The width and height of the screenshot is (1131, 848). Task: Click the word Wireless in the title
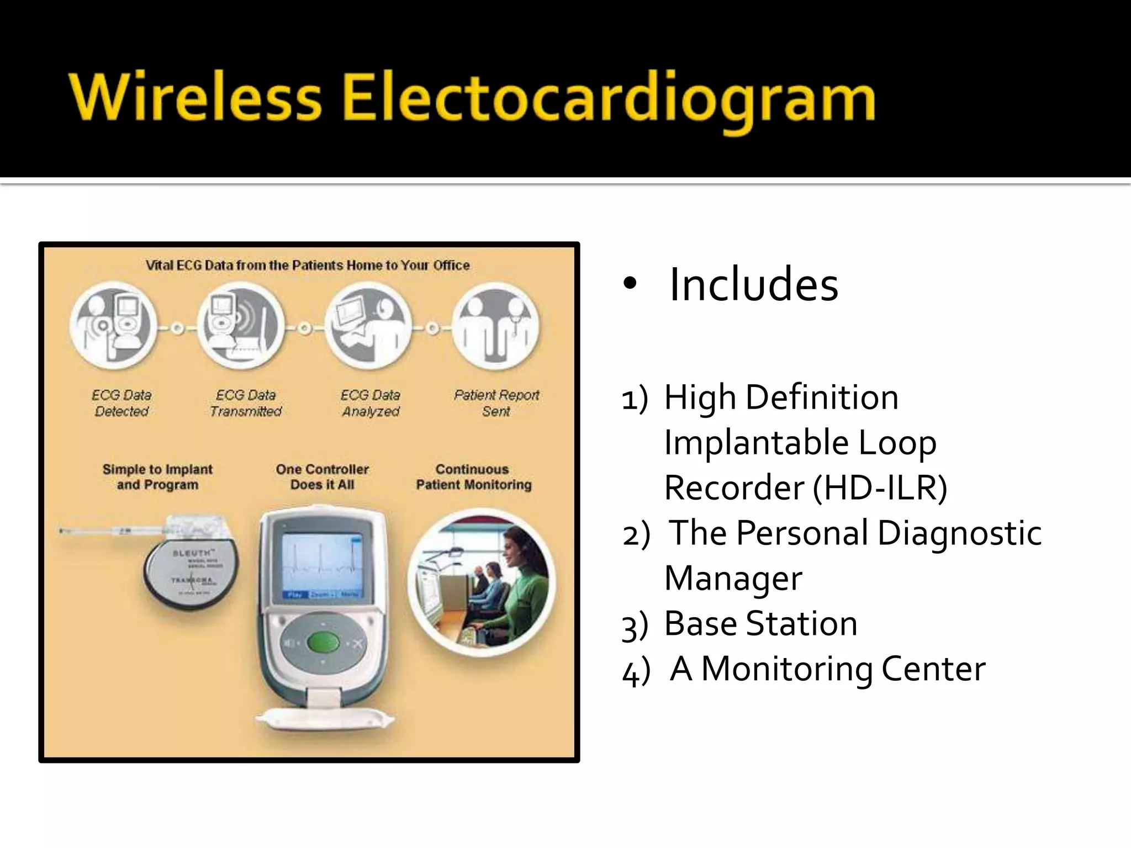click(195, 98)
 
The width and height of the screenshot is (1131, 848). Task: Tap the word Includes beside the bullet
click(753, 285)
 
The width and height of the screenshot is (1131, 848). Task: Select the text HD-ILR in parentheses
click(880, 488)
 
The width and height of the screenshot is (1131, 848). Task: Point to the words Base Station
click(760, 624)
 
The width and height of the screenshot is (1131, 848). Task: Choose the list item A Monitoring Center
click(827, 669)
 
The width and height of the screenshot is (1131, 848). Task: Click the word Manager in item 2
click(733, 579)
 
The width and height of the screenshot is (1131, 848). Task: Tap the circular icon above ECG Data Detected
click(114, 326)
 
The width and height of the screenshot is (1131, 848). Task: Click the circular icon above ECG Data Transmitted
click(241, 326)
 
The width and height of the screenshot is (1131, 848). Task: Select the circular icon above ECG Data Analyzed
click(368, 326)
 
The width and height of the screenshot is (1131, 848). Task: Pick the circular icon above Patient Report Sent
click(495, 326)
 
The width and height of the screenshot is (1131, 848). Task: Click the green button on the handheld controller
click(319, 643)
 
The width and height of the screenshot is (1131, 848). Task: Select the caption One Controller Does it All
click(322, 477)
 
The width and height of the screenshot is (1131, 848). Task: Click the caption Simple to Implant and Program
click(157, 477)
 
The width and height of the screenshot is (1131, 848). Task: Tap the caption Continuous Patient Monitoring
click(473, 477)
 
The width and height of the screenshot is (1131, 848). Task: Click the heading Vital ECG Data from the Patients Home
click(308, 266)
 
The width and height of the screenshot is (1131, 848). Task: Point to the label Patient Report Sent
click(496, 403)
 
